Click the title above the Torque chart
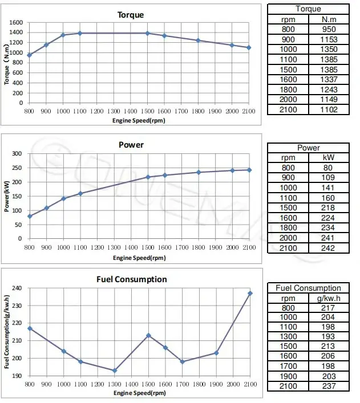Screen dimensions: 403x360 click(x=131, y=15)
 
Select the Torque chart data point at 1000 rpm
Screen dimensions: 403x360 click(x=63, y=35)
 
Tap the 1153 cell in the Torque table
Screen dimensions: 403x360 click(x=329, y=40)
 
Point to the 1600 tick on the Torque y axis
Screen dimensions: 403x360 click(x=16, y=23)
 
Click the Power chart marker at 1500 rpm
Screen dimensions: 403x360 click(x=148, y=177)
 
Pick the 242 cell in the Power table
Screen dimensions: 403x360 click(x=329, y=248)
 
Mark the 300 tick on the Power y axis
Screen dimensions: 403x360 click(x=16, y=154)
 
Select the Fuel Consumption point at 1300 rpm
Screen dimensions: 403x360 click(x=114, y=371)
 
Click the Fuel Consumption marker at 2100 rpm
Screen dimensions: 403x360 click(x=249, y=293)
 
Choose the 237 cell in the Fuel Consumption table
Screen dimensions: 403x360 click(x=329, y=386)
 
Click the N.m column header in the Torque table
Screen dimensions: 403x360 click(x=329, y=19)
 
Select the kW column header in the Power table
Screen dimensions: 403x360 click(x=329, y=157)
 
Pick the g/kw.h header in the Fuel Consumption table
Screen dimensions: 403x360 click(x=329, y=298)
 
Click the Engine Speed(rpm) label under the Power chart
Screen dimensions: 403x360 click(x=139, y=258)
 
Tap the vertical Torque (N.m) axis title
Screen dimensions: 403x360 click(x=7, y=63)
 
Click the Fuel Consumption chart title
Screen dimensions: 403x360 click(x=139, y=279)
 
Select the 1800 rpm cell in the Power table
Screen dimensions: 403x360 click(x=288, y=228)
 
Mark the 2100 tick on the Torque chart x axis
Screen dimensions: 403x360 click(x=249, y=112)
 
